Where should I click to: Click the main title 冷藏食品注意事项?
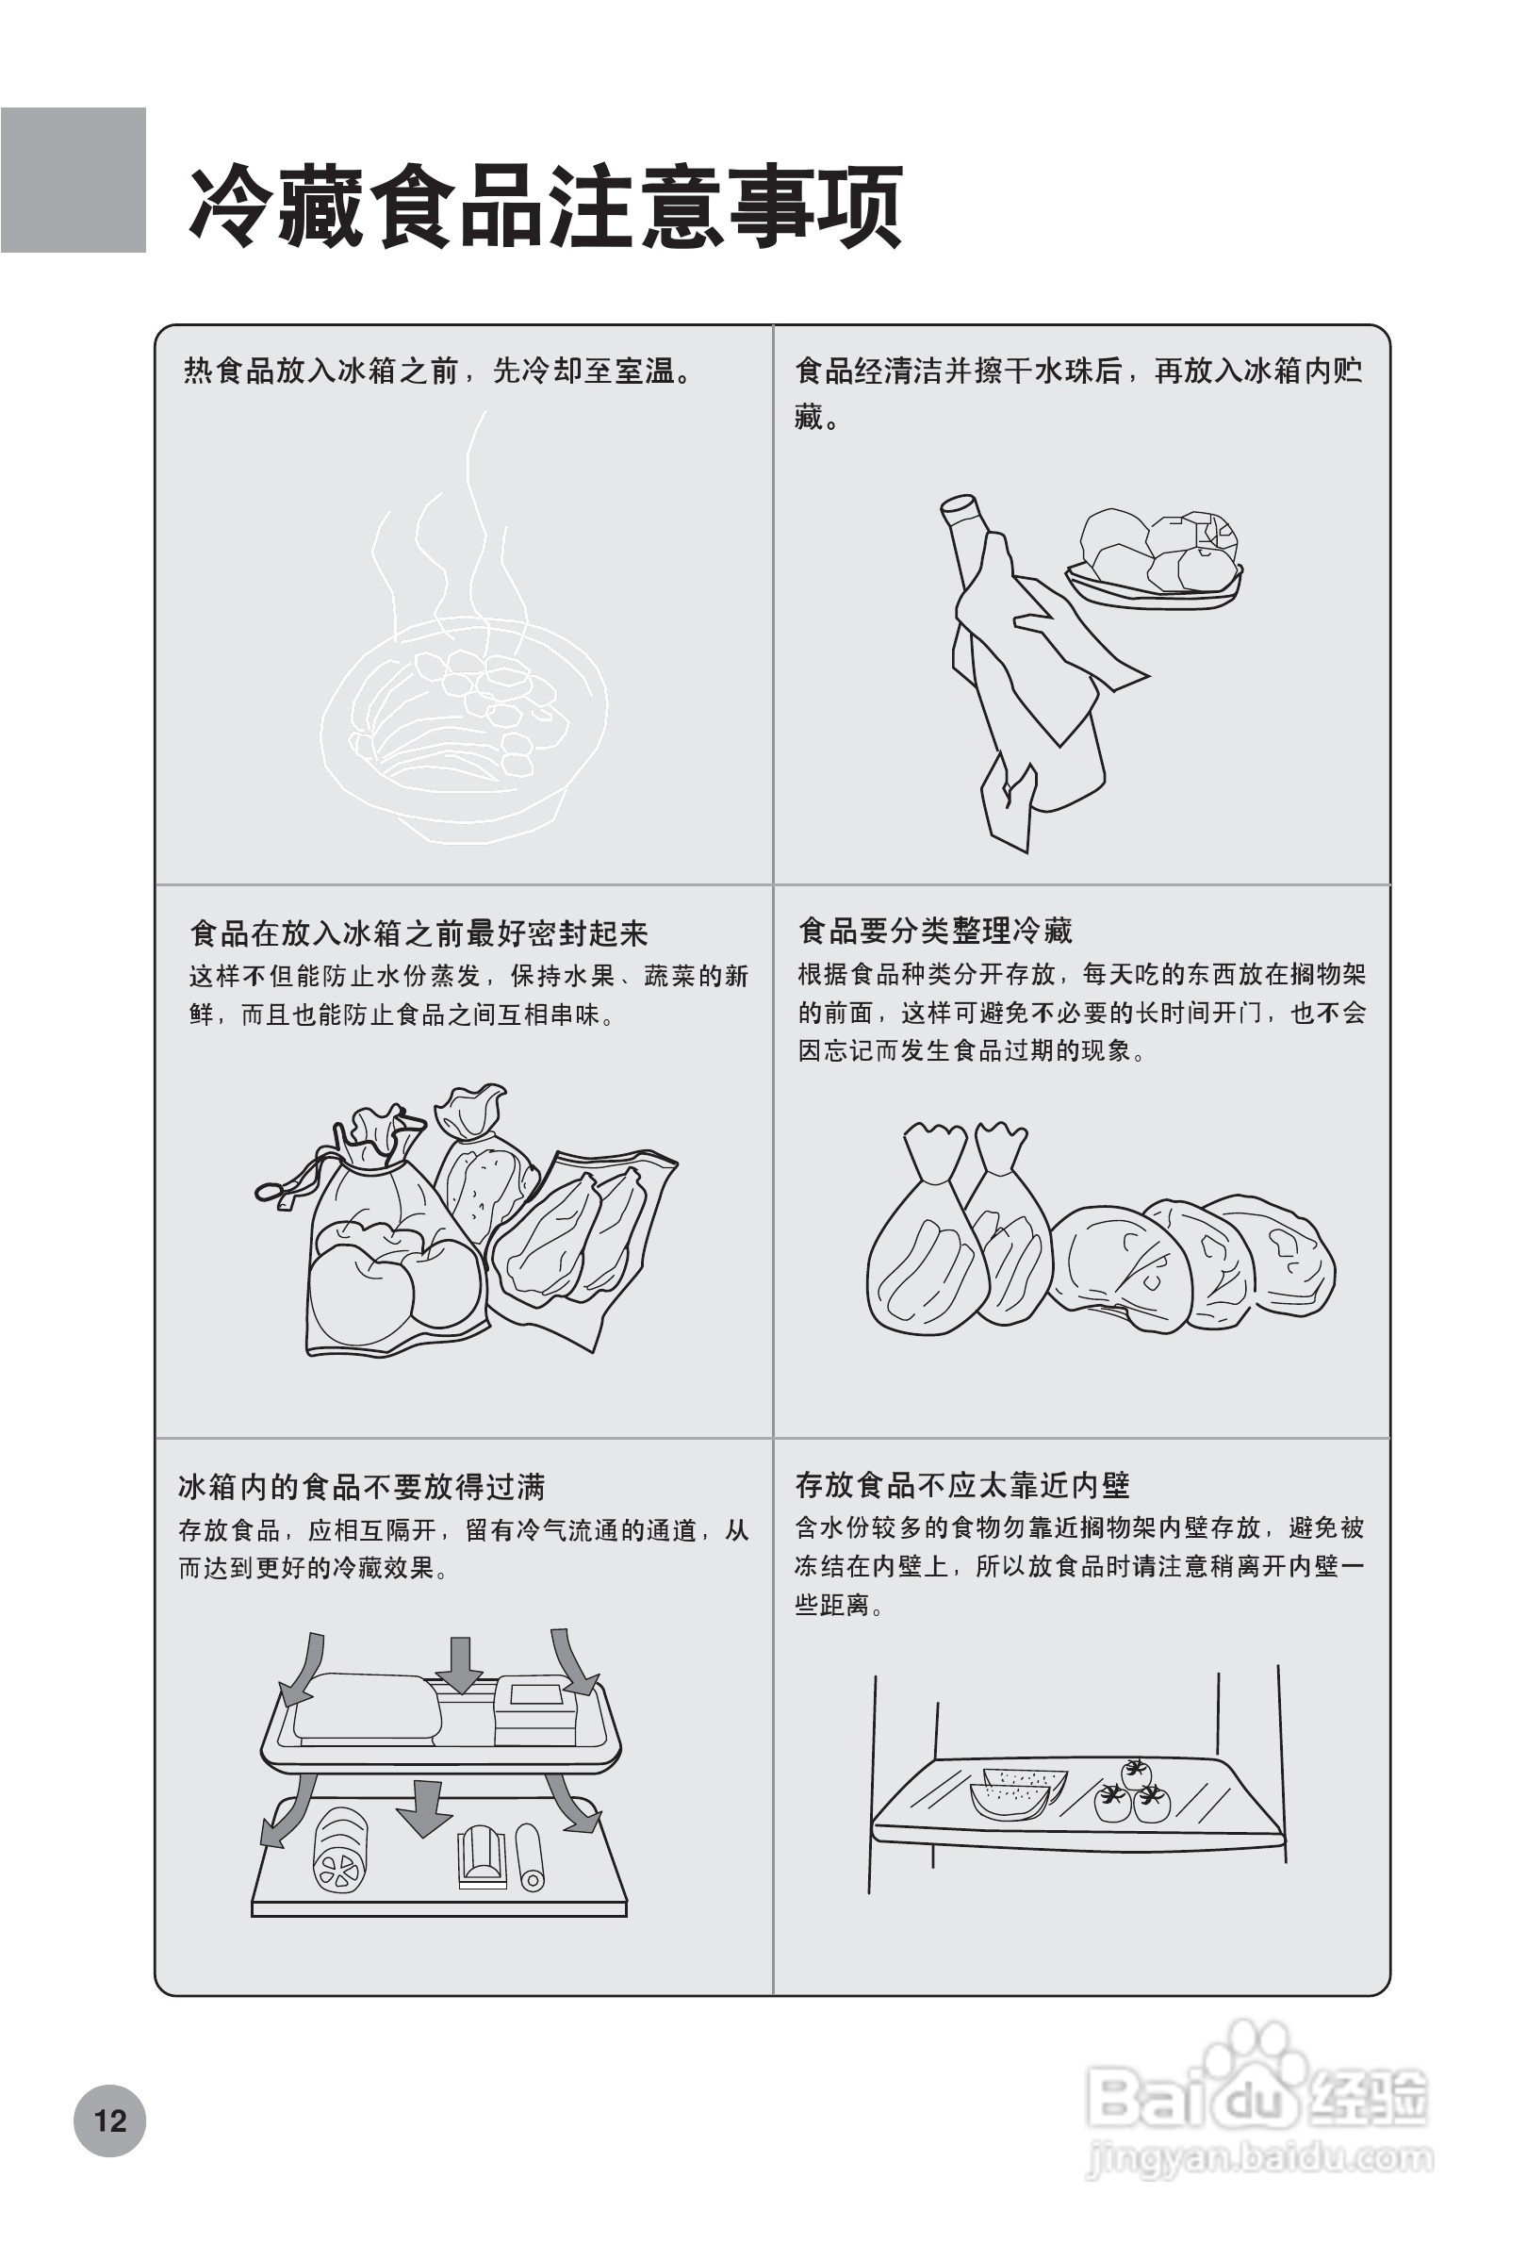(x=546, y=206)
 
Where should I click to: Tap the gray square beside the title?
(x=74, y=179)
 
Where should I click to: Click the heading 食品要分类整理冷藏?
(x=935, y=932)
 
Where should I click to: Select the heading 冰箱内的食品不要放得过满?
(x=362, y=1486)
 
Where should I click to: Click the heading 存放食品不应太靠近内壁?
(x=962, y=1484)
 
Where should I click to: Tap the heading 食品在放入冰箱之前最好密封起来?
(x=419, y=933)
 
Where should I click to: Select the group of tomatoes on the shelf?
(x=1134, y=1792)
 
